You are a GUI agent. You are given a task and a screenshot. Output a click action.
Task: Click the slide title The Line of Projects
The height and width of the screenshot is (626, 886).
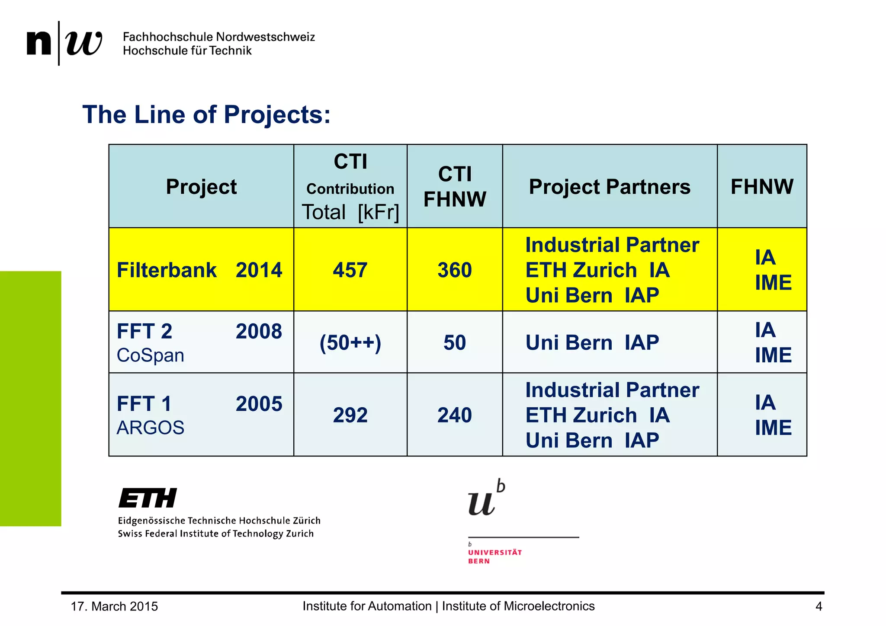[206, 115]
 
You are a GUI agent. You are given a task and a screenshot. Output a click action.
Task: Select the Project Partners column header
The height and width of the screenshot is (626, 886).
[609, 187]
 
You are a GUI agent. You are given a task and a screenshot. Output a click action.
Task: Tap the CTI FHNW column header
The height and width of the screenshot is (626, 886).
[454, 187]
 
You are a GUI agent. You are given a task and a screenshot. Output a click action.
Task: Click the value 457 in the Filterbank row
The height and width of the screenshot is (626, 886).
[350, 270]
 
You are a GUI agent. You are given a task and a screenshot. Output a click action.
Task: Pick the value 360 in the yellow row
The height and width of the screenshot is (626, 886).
[454, 270]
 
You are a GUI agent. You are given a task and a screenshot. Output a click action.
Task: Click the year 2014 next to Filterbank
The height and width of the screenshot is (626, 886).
[259, 270]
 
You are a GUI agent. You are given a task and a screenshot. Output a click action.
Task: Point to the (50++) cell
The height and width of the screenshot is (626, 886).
[350, 342]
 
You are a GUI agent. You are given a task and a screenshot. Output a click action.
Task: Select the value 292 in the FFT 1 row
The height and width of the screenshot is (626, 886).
[350, 415]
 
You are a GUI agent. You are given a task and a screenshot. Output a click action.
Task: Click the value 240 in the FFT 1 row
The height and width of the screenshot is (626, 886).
[454, 415]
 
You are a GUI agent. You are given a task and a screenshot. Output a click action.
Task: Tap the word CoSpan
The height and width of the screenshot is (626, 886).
[150, 355]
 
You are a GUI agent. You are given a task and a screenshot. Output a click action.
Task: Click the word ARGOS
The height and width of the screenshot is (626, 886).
[150, 428]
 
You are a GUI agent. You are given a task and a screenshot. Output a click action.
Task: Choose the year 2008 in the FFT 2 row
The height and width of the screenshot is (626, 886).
[259, 332]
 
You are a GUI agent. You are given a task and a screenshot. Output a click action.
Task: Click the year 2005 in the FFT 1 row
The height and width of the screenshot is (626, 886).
[259, 404]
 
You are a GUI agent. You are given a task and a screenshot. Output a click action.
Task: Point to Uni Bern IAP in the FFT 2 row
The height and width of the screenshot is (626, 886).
[592, 342]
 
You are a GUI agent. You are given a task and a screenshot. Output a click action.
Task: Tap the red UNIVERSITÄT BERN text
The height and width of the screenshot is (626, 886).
[494, 556]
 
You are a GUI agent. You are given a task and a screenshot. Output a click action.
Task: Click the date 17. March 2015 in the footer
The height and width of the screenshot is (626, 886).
[114, 606]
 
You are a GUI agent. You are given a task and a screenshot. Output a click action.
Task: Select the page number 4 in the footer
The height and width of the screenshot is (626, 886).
[819, 606]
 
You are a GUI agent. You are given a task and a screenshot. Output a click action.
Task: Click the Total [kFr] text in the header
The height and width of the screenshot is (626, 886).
[350, 212]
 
